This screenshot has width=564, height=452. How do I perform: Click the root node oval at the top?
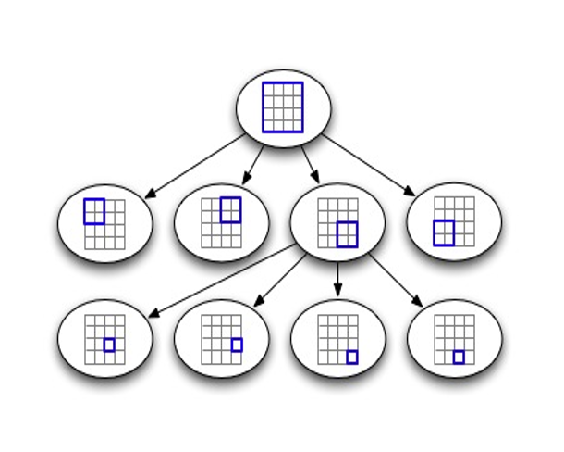click(x=283, y=109)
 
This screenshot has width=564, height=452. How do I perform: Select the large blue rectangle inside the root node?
click(x=283, y=107)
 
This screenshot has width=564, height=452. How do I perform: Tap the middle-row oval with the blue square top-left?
click(x=105, y=223)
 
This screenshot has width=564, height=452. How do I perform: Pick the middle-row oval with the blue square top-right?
click(x=222, y=223)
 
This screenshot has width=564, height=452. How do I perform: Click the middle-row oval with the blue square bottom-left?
click(x=454, y=222)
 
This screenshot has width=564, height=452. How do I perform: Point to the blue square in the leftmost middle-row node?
click(x=94, y=211)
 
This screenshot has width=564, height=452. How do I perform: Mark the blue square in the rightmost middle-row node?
click(x=444, y=232)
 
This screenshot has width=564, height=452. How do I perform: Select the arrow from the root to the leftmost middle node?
click(x=196, y=166)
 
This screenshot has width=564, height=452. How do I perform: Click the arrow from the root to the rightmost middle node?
click(x=368, y=166)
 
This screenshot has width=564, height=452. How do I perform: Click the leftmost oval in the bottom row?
click(x=105, y=338)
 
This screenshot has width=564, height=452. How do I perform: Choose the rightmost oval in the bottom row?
click(x=454, y=338)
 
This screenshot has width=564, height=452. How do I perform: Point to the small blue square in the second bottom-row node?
click(x=237, y=345)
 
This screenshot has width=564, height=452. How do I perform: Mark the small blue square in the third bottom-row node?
click(x=352, y=357)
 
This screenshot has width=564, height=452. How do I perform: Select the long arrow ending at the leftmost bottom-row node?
click(x=222, y=281)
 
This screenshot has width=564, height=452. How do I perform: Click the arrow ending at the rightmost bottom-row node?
click(x=397, y=280)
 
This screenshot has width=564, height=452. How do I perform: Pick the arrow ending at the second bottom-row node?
click(x=279, y=280)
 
